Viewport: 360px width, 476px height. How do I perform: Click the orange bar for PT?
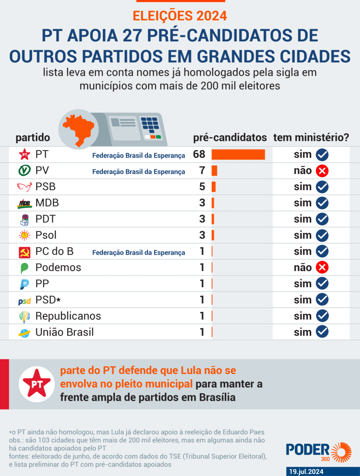click(238, 155)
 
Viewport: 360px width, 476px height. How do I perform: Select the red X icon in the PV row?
click(322, 171)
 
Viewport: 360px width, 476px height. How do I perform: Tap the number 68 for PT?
click(199, 155)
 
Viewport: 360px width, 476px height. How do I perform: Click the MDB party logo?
click(24, 203)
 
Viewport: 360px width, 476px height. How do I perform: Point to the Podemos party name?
click(58, 267)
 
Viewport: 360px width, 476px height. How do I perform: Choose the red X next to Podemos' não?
click(322, 267)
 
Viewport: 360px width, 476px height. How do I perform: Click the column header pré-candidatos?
click(230, 138)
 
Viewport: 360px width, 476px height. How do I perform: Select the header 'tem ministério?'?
click(311, 138)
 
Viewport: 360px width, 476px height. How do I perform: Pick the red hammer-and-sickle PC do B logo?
click(24, 251)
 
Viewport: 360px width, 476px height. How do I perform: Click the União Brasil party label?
click(65, 332)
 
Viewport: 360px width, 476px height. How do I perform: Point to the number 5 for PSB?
click(202, 187)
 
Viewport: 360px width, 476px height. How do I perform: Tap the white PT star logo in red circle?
click(37, 384)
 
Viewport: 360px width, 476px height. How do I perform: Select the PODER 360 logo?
click(318, 452)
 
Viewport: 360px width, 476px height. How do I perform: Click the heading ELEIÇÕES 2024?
click(180, 16)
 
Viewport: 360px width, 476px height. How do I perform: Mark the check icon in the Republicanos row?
click(322, 316)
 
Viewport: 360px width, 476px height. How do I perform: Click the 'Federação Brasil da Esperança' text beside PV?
click(139, 172)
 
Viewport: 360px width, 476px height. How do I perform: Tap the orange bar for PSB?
click(213, 187)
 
